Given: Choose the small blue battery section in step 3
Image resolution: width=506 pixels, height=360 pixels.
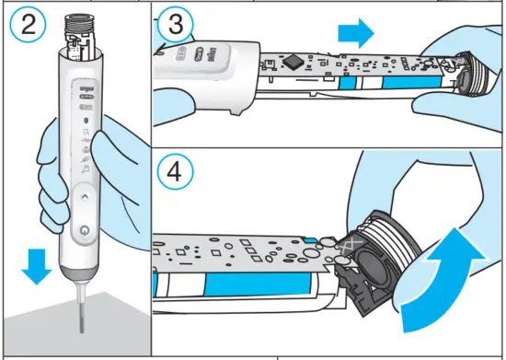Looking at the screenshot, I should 347,83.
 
